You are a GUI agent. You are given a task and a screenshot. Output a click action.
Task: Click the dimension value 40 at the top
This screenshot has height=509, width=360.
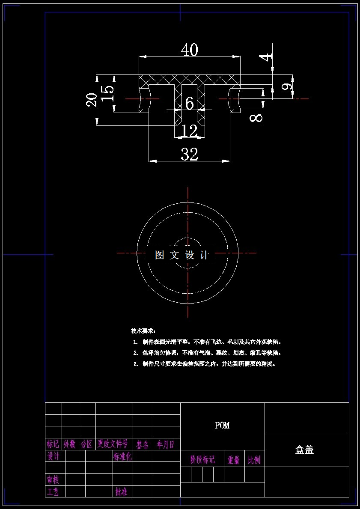[x=189, y=50]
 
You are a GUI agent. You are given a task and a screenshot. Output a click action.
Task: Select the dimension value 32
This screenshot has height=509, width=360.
[x=189, y=154]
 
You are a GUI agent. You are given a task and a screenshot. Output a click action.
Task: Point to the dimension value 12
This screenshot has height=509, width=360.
[x=189, y=131]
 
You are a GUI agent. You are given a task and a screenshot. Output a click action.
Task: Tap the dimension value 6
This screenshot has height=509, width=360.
[x=189, y=103]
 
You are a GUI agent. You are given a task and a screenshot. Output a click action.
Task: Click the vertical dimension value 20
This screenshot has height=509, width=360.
[x=92, y=100]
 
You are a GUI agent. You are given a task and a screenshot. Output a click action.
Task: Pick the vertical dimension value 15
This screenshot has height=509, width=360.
[x=107, y=93]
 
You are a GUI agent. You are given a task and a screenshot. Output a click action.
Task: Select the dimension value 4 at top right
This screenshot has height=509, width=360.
[x=267, y=57]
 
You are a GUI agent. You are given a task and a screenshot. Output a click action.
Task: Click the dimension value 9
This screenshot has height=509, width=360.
[x=288, y=86]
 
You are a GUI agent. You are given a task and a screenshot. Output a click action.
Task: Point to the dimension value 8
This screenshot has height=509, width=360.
[x=256, y=117]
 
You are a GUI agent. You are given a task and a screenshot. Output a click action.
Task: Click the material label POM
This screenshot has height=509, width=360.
[x=222, y=426]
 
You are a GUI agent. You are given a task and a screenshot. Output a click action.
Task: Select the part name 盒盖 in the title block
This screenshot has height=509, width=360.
[x=304, y=450]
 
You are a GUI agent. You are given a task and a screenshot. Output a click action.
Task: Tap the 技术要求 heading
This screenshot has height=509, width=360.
[x=143, y=331]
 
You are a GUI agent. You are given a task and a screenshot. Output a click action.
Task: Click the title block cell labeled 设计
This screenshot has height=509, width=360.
[x=54, y=456]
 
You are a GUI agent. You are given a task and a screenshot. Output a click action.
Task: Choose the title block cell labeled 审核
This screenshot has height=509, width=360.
[x=54, y=479]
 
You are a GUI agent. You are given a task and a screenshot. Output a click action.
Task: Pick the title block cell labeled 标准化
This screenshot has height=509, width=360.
[x=122, y=456]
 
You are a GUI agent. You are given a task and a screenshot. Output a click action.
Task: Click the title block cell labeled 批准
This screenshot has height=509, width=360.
[x=121, y=492]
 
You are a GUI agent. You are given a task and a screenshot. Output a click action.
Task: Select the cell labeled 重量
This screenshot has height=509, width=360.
[x=234, y=460]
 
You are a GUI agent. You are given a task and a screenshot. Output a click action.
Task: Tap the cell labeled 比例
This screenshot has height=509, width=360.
[x=254, y=460]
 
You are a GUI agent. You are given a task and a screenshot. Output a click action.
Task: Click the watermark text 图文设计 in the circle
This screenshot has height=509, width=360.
[x=182, y=255]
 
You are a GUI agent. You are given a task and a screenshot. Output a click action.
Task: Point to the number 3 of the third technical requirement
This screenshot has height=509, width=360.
[x=135, y=364]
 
